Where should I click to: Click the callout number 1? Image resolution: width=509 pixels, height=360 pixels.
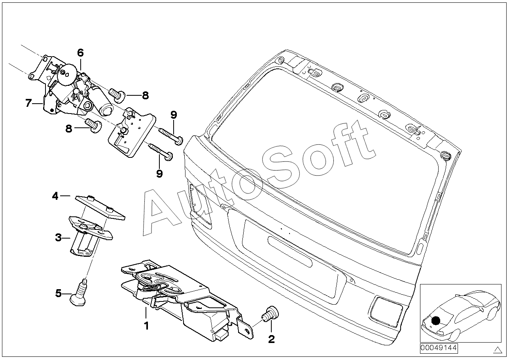(146, 326)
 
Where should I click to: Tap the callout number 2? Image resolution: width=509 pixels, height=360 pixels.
(271, 339)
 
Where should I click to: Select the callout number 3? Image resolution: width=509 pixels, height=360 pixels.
(58, 238)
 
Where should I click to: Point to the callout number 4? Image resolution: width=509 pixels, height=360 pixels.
(55, 196)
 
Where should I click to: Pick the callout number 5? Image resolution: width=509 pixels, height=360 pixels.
(59, 293)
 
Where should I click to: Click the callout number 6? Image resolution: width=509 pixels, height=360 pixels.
(80, 53)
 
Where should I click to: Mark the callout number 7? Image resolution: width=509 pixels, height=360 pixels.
(28, 103)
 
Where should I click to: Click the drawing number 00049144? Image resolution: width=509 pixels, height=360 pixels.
(438, 348)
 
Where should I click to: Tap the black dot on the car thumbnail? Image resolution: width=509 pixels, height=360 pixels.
(436, 321)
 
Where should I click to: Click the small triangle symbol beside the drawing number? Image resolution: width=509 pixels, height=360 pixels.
(497, 349)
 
